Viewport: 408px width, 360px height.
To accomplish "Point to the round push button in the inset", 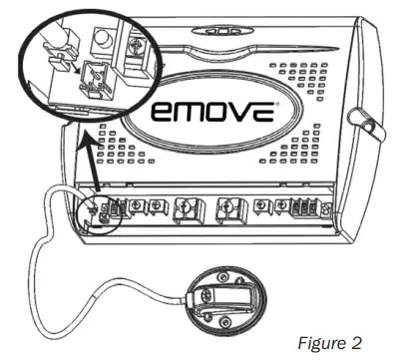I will (x=103, y=36).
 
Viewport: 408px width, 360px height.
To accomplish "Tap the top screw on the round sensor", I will (x=220, y=275).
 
